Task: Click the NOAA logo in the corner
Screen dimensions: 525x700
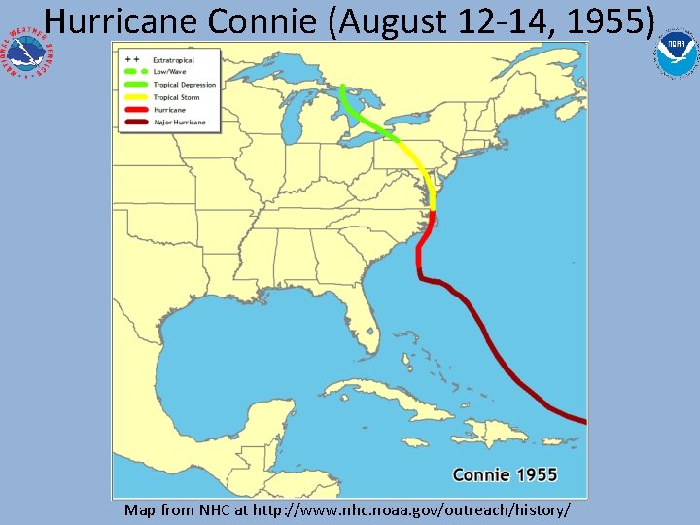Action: coord(675,54)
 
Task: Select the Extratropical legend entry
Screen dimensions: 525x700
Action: coord(173,60)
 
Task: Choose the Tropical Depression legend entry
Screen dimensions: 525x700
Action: coord(184,85)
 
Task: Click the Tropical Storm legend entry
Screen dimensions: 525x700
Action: coord(176,97)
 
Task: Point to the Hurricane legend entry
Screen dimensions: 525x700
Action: coord(169,110)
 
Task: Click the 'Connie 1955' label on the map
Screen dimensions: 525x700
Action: coord(505,474)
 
